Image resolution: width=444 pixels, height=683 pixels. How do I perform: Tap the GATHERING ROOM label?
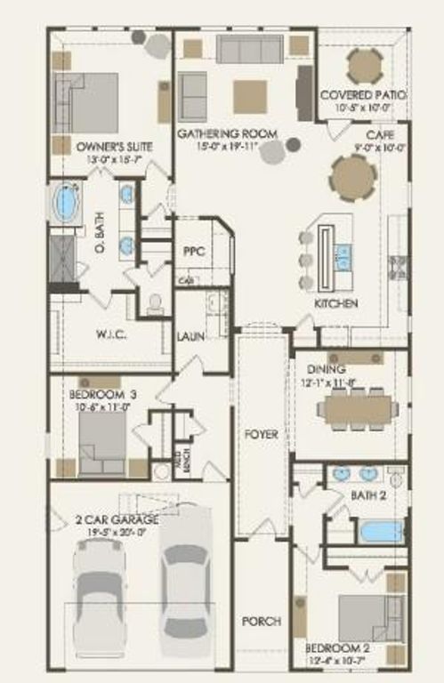pos(227,133)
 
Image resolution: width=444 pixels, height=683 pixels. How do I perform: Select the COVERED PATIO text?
pos(363,94)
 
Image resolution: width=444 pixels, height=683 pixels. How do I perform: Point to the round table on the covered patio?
pos(365,65)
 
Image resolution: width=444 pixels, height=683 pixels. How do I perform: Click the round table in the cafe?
pos(353,178)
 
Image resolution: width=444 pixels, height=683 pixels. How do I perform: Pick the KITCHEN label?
pos(336,304)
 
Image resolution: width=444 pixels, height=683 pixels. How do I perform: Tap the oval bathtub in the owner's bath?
pos(66,202)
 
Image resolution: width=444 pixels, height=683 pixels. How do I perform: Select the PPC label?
pos(195,252)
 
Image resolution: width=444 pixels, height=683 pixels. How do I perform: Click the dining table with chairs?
pos(358,409)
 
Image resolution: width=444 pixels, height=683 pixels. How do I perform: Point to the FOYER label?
pos(261,435)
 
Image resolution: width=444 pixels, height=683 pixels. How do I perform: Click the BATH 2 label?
pos(367,495)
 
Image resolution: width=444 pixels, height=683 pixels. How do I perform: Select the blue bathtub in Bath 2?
pos(382,531)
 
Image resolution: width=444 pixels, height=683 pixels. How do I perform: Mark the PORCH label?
pos(261,621)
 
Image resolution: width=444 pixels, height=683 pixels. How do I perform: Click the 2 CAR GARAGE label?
pos(117,518)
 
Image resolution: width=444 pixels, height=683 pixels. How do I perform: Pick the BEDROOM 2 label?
pos(341,647)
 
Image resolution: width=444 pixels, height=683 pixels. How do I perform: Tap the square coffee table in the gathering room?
pos(250,96)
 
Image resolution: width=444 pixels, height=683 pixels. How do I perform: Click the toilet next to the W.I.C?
pos(155,304)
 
